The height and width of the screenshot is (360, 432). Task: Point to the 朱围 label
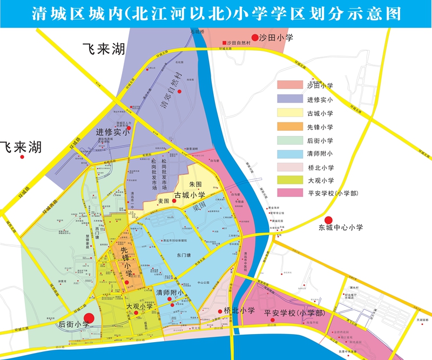(195, 185)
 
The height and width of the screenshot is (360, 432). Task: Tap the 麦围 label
(163, 201)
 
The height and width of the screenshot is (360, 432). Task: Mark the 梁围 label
(199, 206)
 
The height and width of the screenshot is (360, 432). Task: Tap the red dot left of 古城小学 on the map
(174, 201)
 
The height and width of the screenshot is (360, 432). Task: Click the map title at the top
(216, 13)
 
